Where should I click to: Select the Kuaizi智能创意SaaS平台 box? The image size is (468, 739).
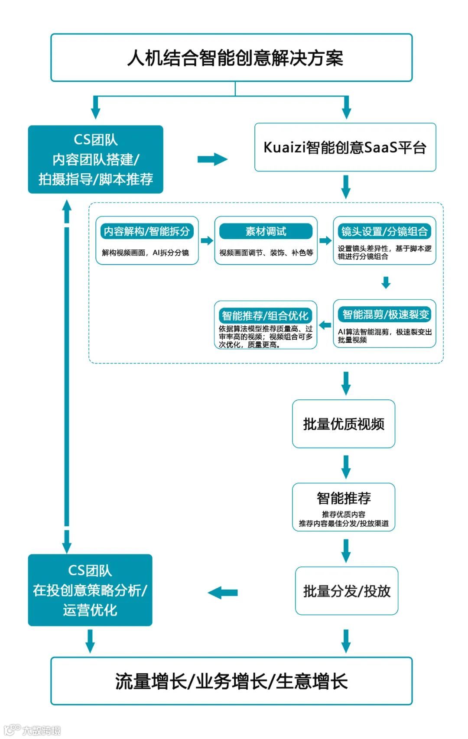point(345,147)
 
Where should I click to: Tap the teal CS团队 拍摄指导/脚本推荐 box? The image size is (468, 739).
point(95,159)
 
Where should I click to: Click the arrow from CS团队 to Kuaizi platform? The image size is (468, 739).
point(212,159)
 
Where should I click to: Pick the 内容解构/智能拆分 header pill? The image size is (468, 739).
point(147,231)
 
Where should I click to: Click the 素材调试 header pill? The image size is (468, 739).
point(266,231)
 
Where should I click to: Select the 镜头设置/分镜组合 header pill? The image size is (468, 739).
point(384,231)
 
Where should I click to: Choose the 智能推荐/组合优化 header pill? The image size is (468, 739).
point(265,315)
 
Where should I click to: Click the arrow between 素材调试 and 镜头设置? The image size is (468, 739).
point(325,240)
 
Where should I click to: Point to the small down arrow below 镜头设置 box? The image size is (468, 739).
point(386,282)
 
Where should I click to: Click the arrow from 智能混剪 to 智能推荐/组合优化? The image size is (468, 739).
point(325,325)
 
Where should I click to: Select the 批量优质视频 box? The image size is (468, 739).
point(344,424)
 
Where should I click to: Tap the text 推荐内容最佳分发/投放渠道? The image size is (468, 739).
point(344,523)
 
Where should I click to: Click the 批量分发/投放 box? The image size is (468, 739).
point(347,591)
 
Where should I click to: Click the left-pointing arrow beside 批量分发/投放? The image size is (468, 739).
point(223,592)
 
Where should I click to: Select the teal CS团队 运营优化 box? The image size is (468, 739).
point(90,590)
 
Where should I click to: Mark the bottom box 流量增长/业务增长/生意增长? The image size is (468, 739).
point(231,681)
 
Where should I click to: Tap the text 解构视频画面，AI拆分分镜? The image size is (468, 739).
point(146,253)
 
